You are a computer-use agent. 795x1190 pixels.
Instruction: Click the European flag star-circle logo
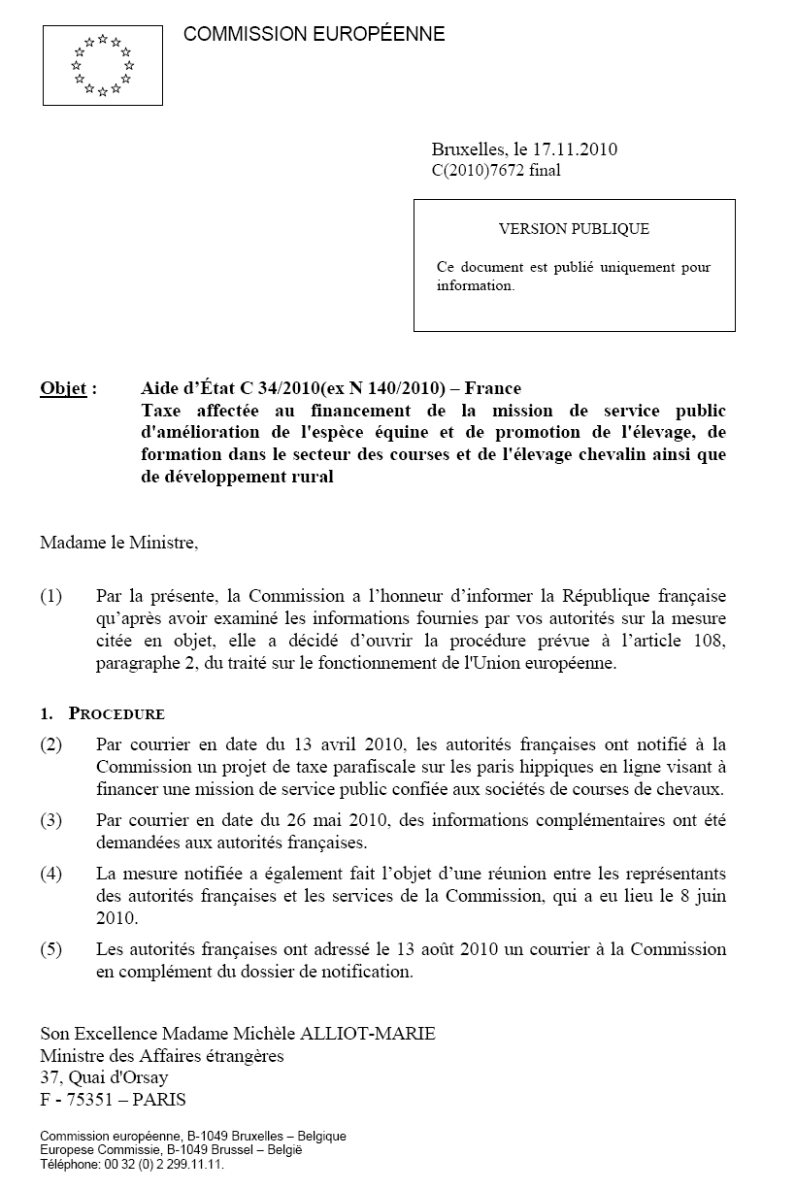[x=102, y=65]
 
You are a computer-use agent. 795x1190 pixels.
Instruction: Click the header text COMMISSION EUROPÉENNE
[x=314, y=35]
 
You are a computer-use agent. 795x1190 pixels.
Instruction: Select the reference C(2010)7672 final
[x=495, y=171]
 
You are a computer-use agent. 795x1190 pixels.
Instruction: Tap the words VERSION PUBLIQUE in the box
[x=574, y=229]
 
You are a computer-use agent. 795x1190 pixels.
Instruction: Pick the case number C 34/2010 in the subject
[x=281, y=389]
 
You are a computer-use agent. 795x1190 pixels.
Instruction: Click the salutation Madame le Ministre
[x=118, y=542]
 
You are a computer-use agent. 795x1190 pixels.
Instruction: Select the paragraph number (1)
[x=50, y=595]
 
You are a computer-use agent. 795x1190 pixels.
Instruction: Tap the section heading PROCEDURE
[x=116, y=713]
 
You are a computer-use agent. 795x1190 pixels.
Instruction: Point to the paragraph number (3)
[x=50, y=820]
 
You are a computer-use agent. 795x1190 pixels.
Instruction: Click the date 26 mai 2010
[x=341, y=820]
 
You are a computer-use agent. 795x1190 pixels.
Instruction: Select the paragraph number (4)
[x=50, y=873]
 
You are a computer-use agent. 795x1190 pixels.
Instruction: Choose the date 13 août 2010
[x=440, y=948]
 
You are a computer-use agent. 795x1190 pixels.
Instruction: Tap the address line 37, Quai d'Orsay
[x=104, y=1077]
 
